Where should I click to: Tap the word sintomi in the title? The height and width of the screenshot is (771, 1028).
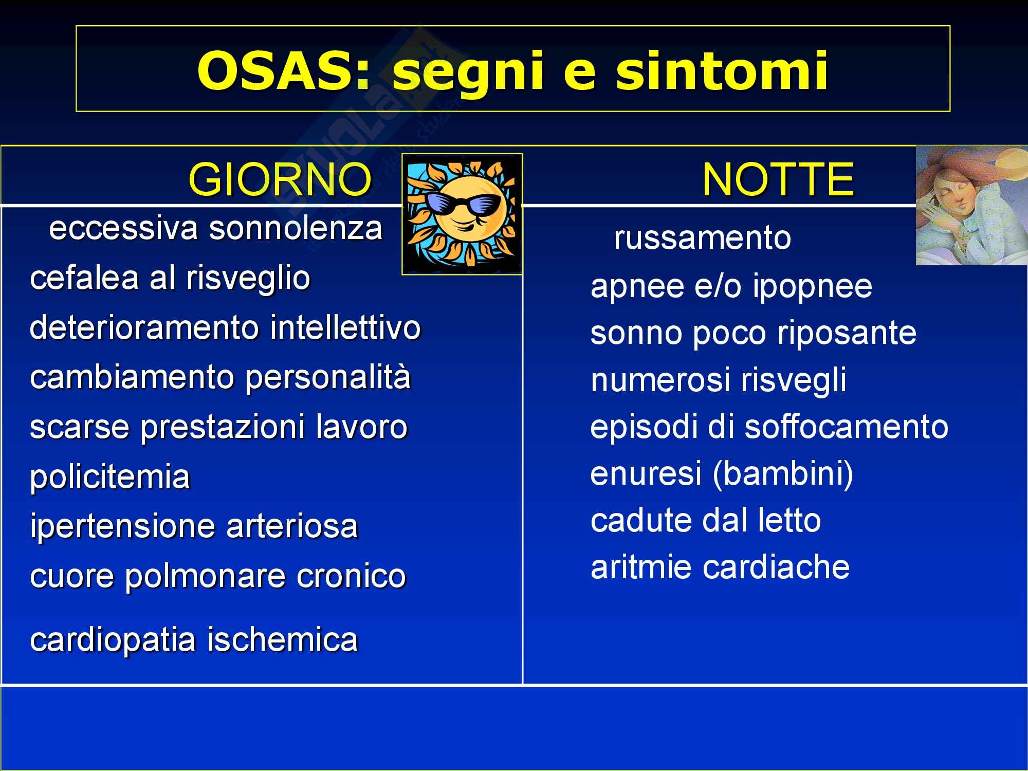click(x=723, y=70)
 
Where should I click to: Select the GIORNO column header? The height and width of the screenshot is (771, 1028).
click(x=280, y=179)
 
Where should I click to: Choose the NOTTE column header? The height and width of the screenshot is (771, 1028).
click(x=778, y=179)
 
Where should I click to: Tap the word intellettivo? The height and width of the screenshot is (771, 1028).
click(x=345, y=327)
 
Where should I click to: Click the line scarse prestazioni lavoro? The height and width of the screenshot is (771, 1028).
click(x=218, y=427)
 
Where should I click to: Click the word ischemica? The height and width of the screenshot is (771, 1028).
click(x=282, y=640)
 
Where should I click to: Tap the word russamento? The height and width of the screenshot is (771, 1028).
click(x=703, y=238)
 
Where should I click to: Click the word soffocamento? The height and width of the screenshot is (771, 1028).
click(x=846, y=427)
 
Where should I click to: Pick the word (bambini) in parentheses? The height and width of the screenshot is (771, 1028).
click(x=783, y=474)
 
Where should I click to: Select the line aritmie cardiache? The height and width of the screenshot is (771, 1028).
click(x=720, y=567)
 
